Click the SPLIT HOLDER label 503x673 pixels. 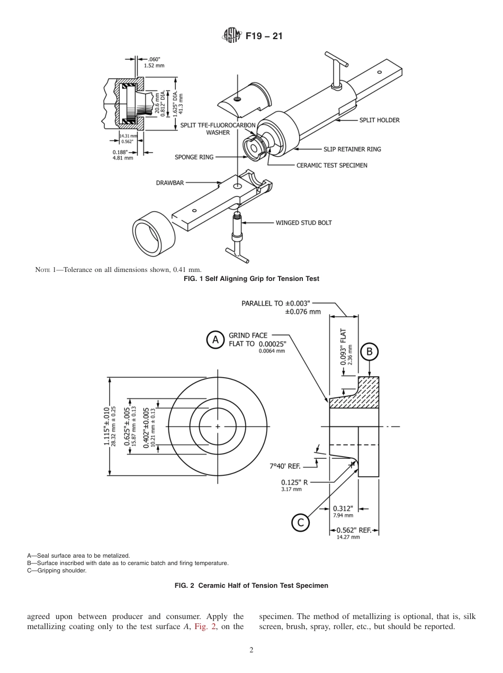pyautogui.click(x=379, y=120)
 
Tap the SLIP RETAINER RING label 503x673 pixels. pyautogui.click(x=352, y=149)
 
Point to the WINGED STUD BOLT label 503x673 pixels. pyautogui.click(x=303, y=223)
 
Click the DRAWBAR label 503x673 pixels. pyautogui.click(x=170, y=183)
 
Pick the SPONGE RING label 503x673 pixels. pyautogui.click(x=194, y=157)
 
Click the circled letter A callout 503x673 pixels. pyautogui.click(x=215, y=340)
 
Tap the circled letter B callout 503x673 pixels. pyautogui.click(x=370, y=351)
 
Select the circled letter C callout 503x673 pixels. pyautogui.click(x=300, y=523)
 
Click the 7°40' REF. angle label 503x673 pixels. pyautogui.click(x=285, y=466)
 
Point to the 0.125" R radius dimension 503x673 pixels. pyautogui.click(x=294, y=482)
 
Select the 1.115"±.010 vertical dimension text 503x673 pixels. pyautogui.click(x=107, y=426)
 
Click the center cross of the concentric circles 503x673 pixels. pyautogui.click(x=218, y=426)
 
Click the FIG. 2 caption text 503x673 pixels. pyautogui.click(x=251, y=586)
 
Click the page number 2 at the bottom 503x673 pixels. pyautogui.click(x=251, y=650)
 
